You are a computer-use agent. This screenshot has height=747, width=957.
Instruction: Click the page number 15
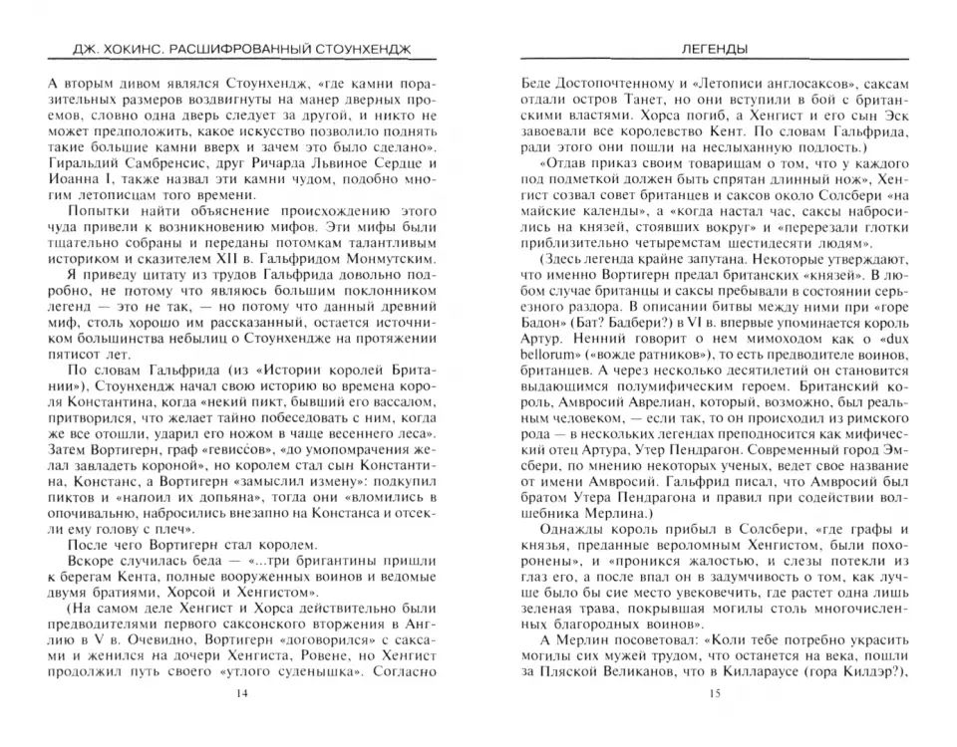712,693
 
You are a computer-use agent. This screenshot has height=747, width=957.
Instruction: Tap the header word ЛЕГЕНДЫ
712,49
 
